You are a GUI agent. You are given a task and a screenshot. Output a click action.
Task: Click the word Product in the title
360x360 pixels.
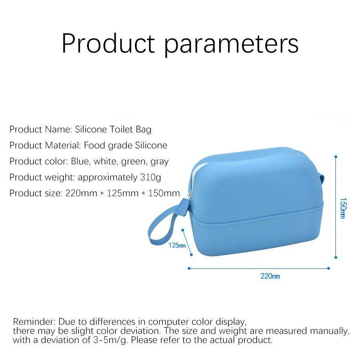pyautogui.click(x=108, y=43)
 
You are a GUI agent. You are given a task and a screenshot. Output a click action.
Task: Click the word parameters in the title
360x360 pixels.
pyautogui.click(x=231, y=45)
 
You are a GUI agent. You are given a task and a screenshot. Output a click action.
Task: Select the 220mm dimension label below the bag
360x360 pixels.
pyautogui.click(x=270, y=276)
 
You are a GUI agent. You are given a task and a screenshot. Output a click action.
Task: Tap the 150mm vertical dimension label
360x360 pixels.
pyautogui.click(x=342, y=208)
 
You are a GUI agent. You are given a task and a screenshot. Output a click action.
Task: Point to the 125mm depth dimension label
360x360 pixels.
pyautogui.click(x=177, y=246)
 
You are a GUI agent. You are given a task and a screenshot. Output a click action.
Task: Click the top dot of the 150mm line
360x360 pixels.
pyautogui.click(x=336, y=157)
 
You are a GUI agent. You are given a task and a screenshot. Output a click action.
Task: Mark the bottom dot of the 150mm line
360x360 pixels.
pyautogui.click(x=336, y=257)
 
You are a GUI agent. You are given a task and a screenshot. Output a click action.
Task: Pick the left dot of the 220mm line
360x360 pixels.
pyautogui.click(x=189, y=268)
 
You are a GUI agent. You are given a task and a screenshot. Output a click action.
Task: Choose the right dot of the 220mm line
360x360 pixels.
pyautogui.click(x=329, y=268)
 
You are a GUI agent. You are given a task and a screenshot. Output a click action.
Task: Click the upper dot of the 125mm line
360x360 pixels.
pyautogui.click(x=183, y=230)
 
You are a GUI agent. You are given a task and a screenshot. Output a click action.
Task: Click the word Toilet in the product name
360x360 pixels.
pyautogui.click(x=121, y=129)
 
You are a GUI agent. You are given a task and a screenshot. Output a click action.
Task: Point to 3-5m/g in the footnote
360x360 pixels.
pyautogui.click(x=110, y=340)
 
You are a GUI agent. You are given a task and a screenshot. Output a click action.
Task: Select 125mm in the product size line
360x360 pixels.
pyautogui.click(x=123, y=193)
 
